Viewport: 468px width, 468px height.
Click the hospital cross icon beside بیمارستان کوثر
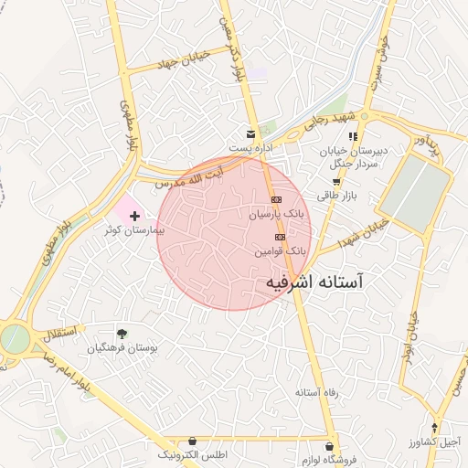point(135,216)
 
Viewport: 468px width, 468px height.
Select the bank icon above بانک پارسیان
point(276,200)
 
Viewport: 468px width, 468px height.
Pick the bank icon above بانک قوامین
point(279,236)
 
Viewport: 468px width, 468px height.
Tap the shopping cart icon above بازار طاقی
point(336,181)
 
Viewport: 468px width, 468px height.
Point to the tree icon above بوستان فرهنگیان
point(122,334)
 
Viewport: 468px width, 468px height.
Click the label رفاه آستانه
point(318,392)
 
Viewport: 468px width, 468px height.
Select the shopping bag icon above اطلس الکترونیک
point(191,441)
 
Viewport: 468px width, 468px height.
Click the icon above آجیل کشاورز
point(435,427)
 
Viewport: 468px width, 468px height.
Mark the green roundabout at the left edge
point(14,339)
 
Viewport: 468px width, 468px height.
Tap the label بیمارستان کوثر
point(133,231)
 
